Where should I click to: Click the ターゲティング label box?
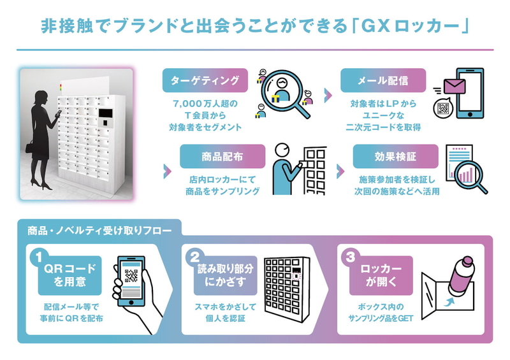(205, 80)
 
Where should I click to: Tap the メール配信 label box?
(383, 80)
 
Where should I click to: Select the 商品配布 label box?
(222, 156)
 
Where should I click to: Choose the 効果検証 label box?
(395, 156)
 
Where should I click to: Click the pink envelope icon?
(455, 86)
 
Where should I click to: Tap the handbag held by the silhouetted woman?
(29, 147)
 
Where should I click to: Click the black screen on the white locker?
(106, 113)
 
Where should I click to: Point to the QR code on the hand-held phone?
(131, 276)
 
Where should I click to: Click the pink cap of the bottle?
(468, 261)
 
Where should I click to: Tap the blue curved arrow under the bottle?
(450, 302)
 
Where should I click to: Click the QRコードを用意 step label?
(70, 275)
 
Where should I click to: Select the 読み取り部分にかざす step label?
(226, 275)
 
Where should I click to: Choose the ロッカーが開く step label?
(381, 275)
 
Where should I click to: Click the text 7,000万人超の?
(205, 104)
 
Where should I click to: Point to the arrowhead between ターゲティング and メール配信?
(328, 95)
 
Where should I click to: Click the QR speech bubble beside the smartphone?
(443, 108)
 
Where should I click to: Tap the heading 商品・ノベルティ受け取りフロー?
(99, 231)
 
